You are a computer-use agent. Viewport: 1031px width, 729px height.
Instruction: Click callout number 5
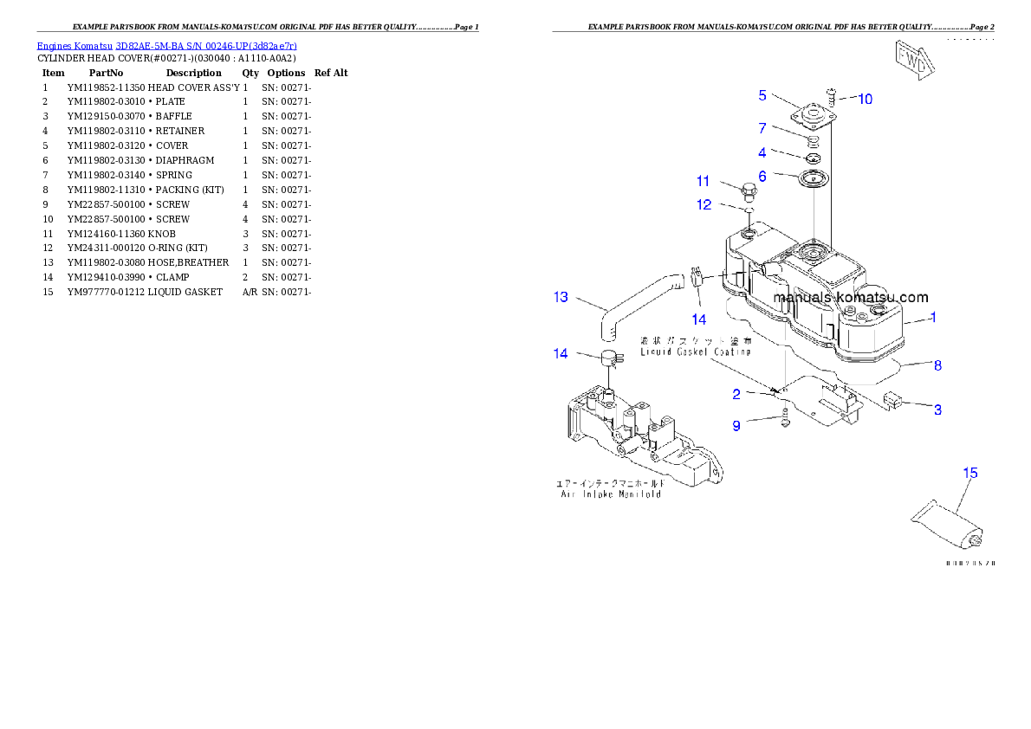point(762,95)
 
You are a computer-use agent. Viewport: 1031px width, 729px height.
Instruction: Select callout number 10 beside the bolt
point(864,100)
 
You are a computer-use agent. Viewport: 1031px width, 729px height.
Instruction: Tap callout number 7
point(762,128)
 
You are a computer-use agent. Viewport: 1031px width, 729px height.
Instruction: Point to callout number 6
point(762,176)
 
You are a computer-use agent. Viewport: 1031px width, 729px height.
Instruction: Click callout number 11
point(703,181)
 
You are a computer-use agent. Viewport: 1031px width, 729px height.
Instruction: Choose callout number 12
point(704,205)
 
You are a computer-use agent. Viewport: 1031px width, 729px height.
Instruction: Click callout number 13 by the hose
point(561,297)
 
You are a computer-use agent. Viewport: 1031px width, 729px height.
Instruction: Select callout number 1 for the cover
point(933,318)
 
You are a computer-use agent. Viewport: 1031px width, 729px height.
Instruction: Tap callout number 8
point(937,365)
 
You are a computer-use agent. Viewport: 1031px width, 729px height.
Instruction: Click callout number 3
point(937,410)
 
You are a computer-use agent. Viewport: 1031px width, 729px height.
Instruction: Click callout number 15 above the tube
point(970,473)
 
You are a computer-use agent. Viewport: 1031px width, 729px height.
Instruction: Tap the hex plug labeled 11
point(748,190)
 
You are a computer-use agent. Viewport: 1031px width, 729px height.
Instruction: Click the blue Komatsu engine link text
point(166,46)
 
